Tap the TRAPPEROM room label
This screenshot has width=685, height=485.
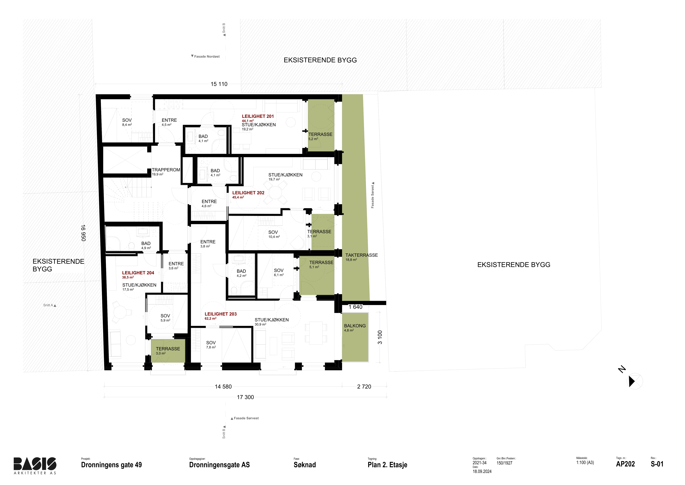point(166,170)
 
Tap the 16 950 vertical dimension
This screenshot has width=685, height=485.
point(83,233)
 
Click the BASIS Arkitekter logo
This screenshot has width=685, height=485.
point(35,466)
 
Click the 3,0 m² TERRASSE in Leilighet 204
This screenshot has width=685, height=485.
point(168,351)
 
